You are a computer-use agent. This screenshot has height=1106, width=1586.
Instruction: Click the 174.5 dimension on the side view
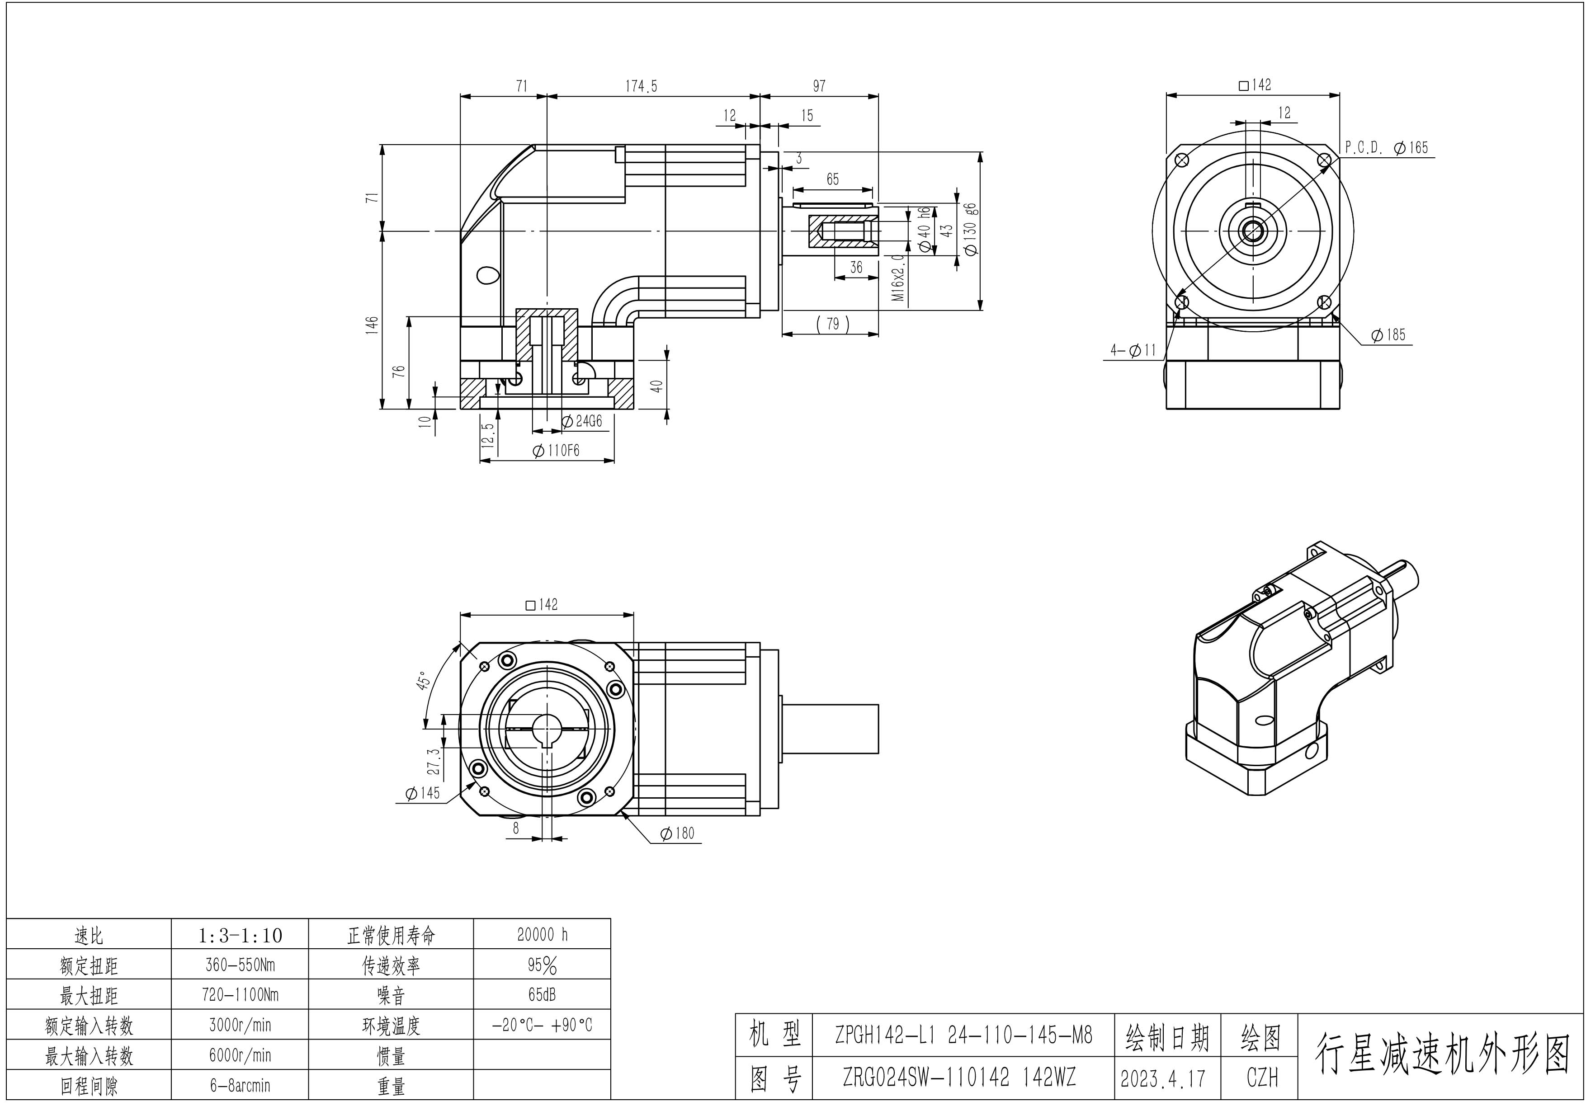click(x=641, y=86)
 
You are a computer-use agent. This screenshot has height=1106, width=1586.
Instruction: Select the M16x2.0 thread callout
click(x=898, y=276)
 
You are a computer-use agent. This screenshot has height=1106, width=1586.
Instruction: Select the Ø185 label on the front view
click(x=1388, y=335)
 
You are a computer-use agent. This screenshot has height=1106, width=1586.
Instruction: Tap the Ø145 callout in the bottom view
click(x=423, y=793)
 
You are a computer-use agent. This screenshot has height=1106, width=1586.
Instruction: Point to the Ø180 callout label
click(x=678, y=833)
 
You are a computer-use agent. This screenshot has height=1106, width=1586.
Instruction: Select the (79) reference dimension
click(x=832, y=324)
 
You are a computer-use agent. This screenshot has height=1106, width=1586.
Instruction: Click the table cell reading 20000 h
click(x=542, y=934)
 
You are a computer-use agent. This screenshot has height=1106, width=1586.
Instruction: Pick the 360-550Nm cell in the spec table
click(x=240, y=965)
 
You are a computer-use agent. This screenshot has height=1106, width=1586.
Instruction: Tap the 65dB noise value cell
click(x=542, y=995)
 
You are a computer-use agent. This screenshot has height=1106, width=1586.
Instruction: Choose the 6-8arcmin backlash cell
click(x=240, y=1085)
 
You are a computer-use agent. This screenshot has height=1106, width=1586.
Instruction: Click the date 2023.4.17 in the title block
click(x=1167, y=1078)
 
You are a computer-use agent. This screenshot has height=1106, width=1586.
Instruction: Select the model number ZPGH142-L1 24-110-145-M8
click(x=963, y=1035)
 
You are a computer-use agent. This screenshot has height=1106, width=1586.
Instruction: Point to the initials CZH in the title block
click(x=1261, y=1078)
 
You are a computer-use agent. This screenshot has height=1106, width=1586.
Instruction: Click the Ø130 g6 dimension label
click(x=971, y=229)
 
